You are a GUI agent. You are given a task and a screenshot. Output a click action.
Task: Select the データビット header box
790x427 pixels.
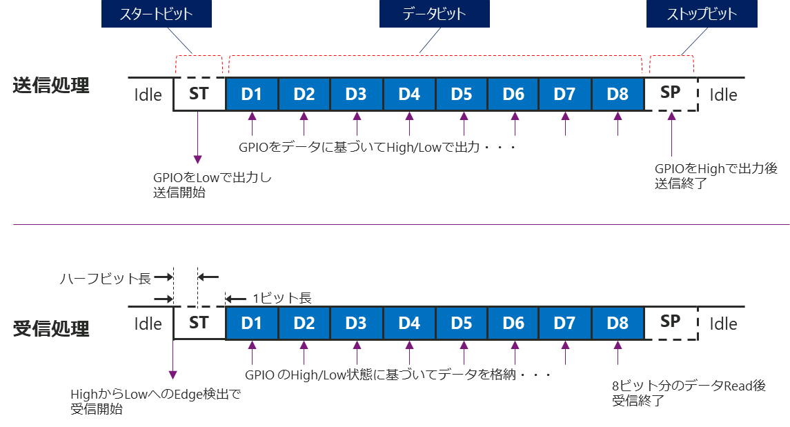click(x=434, y=14)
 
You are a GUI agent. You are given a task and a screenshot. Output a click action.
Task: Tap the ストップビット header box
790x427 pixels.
click(x=701, y=14)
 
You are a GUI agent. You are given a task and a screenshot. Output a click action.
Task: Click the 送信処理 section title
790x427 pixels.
click(x=52, y=86)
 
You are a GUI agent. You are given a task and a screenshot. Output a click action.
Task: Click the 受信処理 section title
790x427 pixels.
click(x=52, y=328)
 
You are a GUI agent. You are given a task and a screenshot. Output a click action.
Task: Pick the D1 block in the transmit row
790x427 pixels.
click(x=252, y=94)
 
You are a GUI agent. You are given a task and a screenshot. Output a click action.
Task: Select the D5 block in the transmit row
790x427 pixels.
click(x=461, y=94)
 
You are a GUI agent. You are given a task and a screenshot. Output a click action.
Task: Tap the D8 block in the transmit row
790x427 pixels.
click(x=618, y=94)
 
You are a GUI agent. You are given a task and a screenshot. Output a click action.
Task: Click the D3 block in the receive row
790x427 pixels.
click(x=356, y=323)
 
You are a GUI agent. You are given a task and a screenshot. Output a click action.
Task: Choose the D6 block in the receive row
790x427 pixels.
click(x=513, y=323)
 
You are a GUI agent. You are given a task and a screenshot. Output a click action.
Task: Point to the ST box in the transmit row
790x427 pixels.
click(x=199, y=94)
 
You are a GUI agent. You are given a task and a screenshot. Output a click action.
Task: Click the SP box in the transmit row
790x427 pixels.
click(x=671, y=93)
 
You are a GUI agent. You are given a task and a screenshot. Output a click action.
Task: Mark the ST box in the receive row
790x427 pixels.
click(x=199, y=323)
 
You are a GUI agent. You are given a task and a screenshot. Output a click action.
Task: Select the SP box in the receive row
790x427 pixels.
click(x=671, y=322)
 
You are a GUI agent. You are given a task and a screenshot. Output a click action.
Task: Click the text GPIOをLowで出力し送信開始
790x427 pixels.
click(x=213, y=186)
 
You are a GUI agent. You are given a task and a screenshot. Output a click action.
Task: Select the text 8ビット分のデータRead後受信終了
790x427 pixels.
click(x=689, y=393)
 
